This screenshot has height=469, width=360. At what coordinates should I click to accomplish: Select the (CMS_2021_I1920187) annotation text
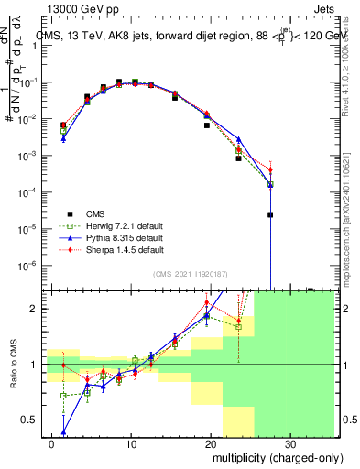point(191,274)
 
